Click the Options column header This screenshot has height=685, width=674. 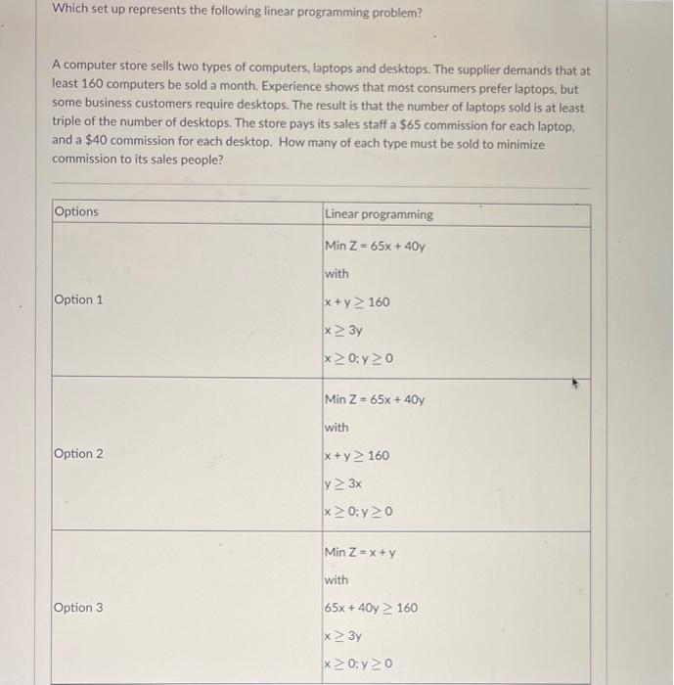click(76, 212)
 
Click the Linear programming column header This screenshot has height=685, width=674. click(379, 214)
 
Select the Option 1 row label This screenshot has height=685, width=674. click(79, 299)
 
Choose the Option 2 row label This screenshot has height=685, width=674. click(79, 453)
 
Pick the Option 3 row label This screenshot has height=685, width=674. click(79, 608)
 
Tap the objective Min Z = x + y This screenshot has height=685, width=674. click(362, 553)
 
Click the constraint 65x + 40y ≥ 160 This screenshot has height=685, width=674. click(371, 608)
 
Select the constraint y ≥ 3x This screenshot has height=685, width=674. click(343, 483)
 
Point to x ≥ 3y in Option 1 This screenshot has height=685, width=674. click(343, 330)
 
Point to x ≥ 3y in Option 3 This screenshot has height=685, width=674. click(343, 636)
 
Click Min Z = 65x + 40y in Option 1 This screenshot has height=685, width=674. click(375, 246)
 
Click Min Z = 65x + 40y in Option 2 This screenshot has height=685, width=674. click(375, 399)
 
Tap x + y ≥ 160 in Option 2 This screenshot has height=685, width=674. click(357, 455)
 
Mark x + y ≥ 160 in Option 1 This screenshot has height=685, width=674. click(357, 301)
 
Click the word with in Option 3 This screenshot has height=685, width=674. click(336, 580)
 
